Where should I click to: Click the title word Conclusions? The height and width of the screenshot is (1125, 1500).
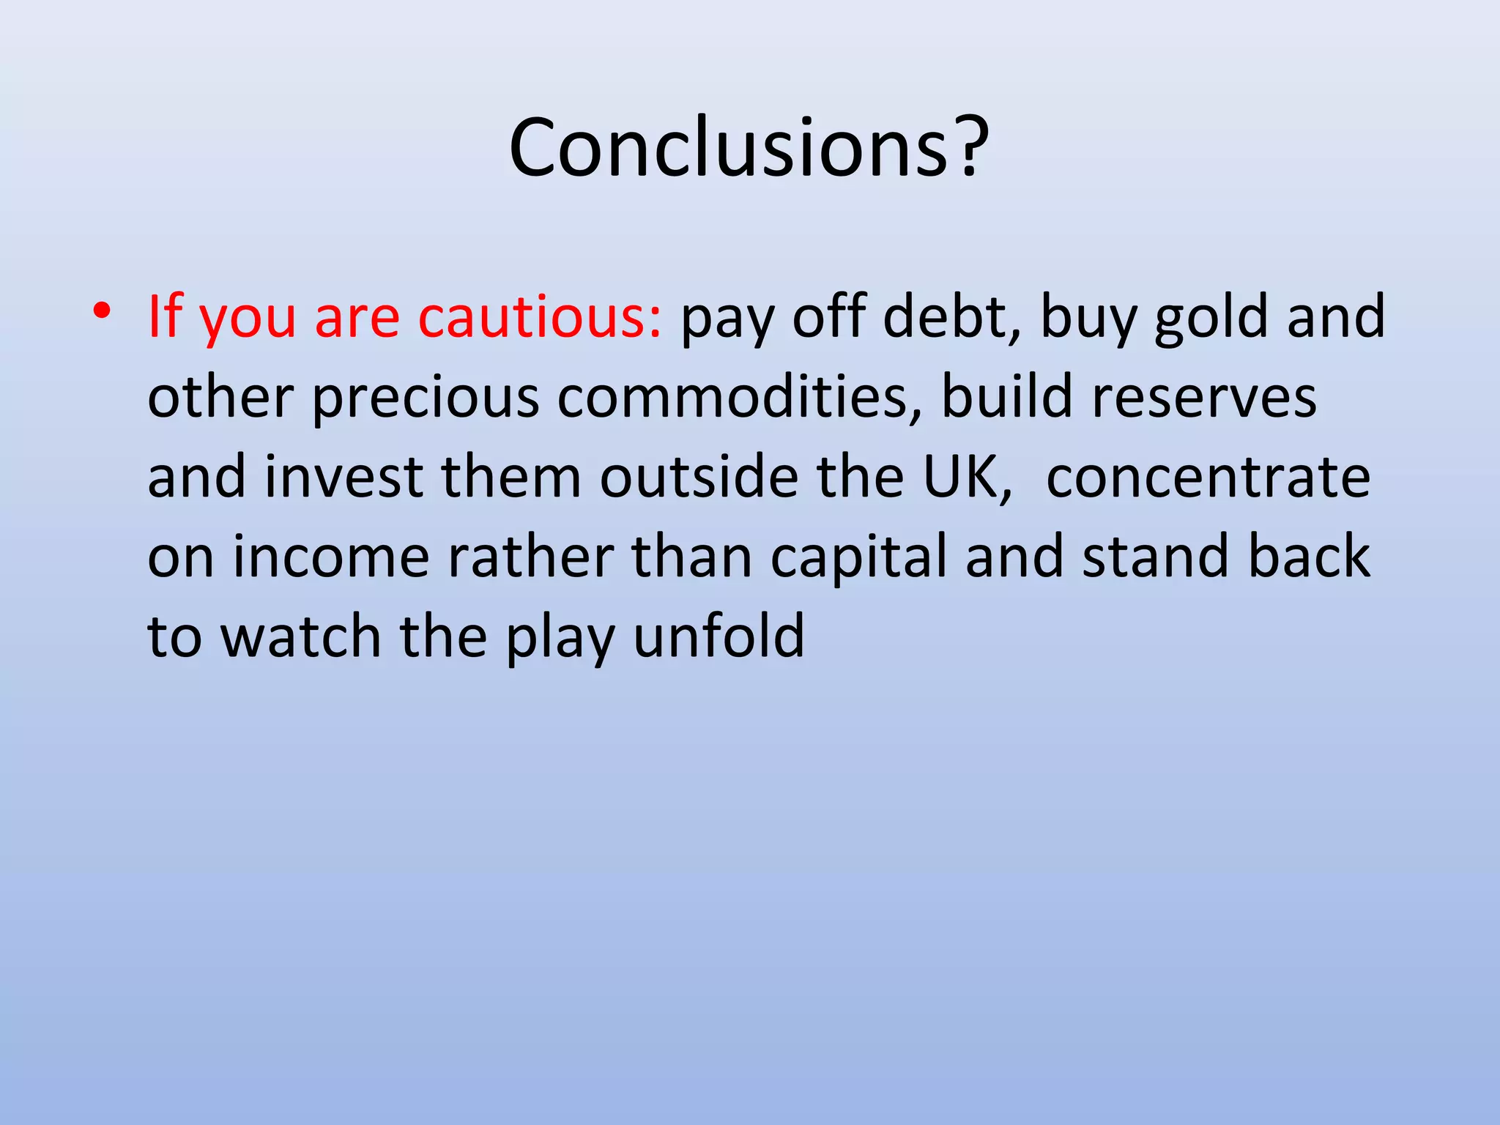[x=729, y=149]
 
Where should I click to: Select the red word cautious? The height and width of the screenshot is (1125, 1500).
[x=540, y=317]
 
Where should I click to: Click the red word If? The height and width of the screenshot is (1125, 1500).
[x=164, y=317]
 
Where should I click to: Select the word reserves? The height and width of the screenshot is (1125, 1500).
[x=1203, y=397]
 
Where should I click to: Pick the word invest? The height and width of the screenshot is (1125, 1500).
[x=344, y=477]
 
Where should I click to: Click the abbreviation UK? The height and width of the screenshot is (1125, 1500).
[x=966, y=477]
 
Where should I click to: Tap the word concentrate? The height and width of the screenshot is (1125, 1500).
[x=1208, y=477]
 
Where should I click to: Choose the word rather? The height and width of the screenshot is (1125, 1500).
[x=530, y=557]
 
